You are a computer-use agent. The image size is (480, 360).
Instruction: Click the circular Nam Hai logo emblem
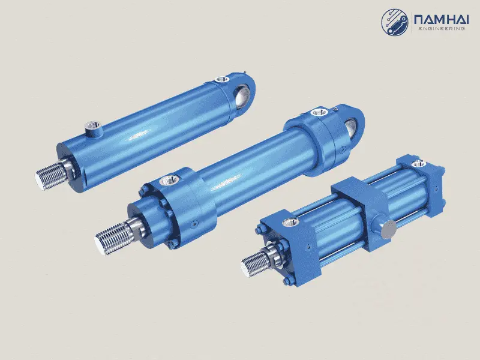[x=395, y=22]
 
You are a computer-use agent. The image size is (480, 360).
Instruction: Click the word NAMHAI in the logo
[x=441, y=20]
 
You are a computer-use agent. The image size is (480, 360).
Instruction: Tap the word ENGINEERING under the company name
[x=442, y=28]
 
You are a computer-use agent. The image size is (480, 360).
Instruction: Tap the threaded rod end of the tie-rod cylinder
[x=255, y=265]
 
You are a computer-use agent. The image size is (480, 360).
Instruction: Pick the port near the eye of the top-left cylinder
[x=222, y=80]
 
